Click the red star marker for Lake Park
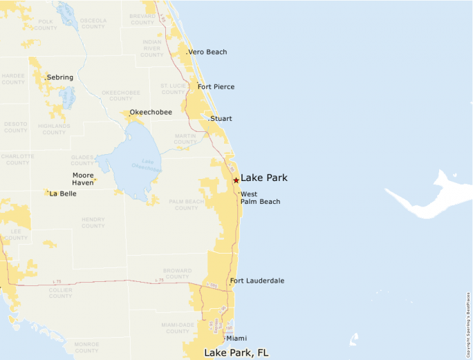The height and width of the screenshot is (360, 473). pyautogui.click(x=236, y=180)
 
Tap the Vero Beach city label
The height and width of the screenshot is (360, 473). pyautogui.click(x=207, y=52)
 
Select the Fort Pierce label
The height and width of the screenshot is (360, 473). pyautogui.click(x=216, y=86)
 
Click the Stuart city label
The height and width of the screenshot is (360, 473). pyautogui.click(x=221, y=119)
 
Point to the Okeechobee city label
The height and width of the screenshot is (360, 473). pyautogui.click(x=151, y=112)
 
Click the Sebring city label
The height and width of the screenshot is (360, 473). pyautogui.click(x=60, y=77)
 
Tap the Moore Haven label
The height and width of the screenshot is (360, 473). pyautogui.click(x=83, y=179)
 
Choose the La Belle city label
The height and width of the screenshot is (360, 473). pyautogui.click(x=63, y=193)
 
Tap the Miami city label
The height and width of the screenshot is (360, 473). pyautogui.click(x=236, y=338)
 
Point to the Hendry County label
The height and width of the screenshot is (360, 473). pyautogui.click(x=93, y=222)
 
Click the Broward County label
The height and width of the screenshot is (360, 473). pyautogui.click(x=178, y=274)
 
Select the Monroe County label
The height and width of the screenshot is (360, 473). pyautogui.click(x=86, y=347)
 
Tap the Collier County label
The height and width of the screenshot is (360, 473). pyautogui.click(x=60, y=292)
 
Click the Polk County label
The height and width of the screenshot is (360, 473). pyautogui.click(x=46, y=25)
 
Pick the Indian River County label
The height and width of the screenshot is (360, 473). pyautogui.click(x=152, y=46)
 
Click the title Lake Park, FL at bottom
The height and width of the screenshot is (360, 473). pyautogui.click(x=236, y=352)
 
